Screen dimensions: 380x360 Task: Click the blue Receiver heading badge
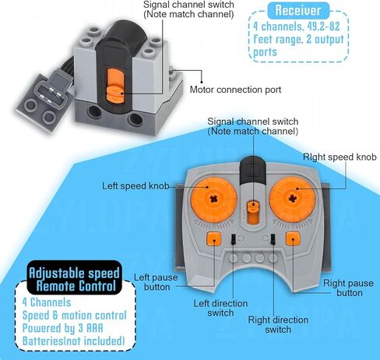click(x=298, y=10)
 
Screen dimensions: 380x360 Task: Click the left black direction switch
click(x=233, y=238)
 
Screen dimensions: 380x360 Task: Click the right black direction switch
click(x=273, y=238)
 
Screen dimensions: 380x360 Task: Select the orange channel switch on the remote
click(x=252, y=212)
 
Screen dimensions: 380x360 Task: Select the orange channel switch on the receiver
click(x=114, y=85)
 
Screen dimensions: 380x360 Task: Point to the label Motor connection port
click(x=235, y=90)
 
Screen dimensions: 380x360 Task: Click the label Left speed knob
click(x=135, y=186)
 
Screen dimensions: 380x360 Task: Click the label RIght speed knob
click(x=340, y=157)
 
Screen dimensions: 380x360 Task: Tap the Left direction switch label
click(x=220, y=308)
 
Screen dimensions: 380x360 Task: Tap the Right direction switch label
click(x=278, y=325)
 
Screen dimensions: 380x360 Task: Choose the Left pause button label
click(x=156, y=282)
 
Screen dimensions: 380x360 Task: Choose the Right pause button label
click(x=348, y=288)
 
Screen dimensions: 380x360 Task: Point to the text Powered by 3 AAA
click(x=63, y=328)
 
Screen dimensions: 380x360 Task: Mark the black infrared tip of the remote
click(x=252, y=170)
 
